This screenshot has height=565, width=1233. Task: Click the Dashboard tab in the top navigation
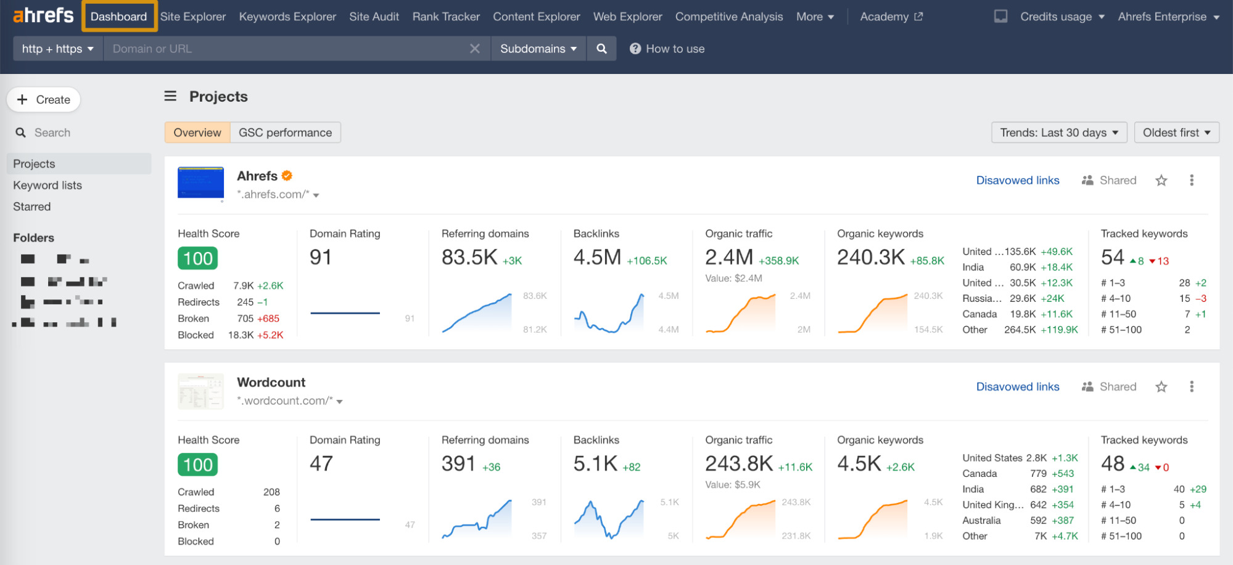pos(118,17)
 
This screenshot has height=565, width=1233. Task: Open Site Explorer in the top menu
pos(193,17)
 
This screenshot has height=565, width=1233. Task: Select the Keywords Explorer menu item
pos(287,17)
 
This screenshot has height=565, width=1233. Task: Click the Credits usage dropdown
pos(1062,17)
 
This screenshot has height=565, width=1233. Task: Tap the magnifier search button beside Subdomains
pos(601,49)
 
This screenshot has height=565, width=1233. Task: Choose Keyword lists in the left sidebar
pos(47,185)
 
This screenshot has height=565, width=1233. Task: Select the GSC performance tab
pos(285,132)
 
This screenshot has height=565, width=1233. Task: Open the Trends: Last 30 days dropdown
pos(1058,132)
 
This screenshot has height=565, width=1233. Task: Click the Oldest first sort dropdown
pos(1176,132)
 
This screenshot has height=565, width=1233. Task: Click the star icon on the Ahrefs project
pos(1161,181)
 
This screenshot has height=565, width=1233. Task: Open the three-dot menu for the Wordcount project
pos(1192,387)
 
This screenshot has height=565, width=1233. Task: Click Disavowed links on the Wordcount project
pos(1017,387)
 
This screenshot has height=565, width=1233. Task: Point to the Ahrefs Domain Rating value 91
pos(321,258)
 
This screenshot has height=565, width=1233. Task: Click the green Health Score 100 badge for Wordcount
pos(198,465)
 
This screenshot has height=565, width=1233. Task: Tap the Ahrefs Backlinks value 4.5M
pos(597,258)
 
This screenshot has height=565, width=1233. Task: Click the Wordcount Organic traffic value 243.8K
pos(738,463)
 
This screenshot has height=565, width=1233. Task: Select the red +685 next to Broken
pos(268,319)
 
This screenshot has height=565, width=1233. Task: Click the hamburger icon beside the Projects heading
pos(170,96)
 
